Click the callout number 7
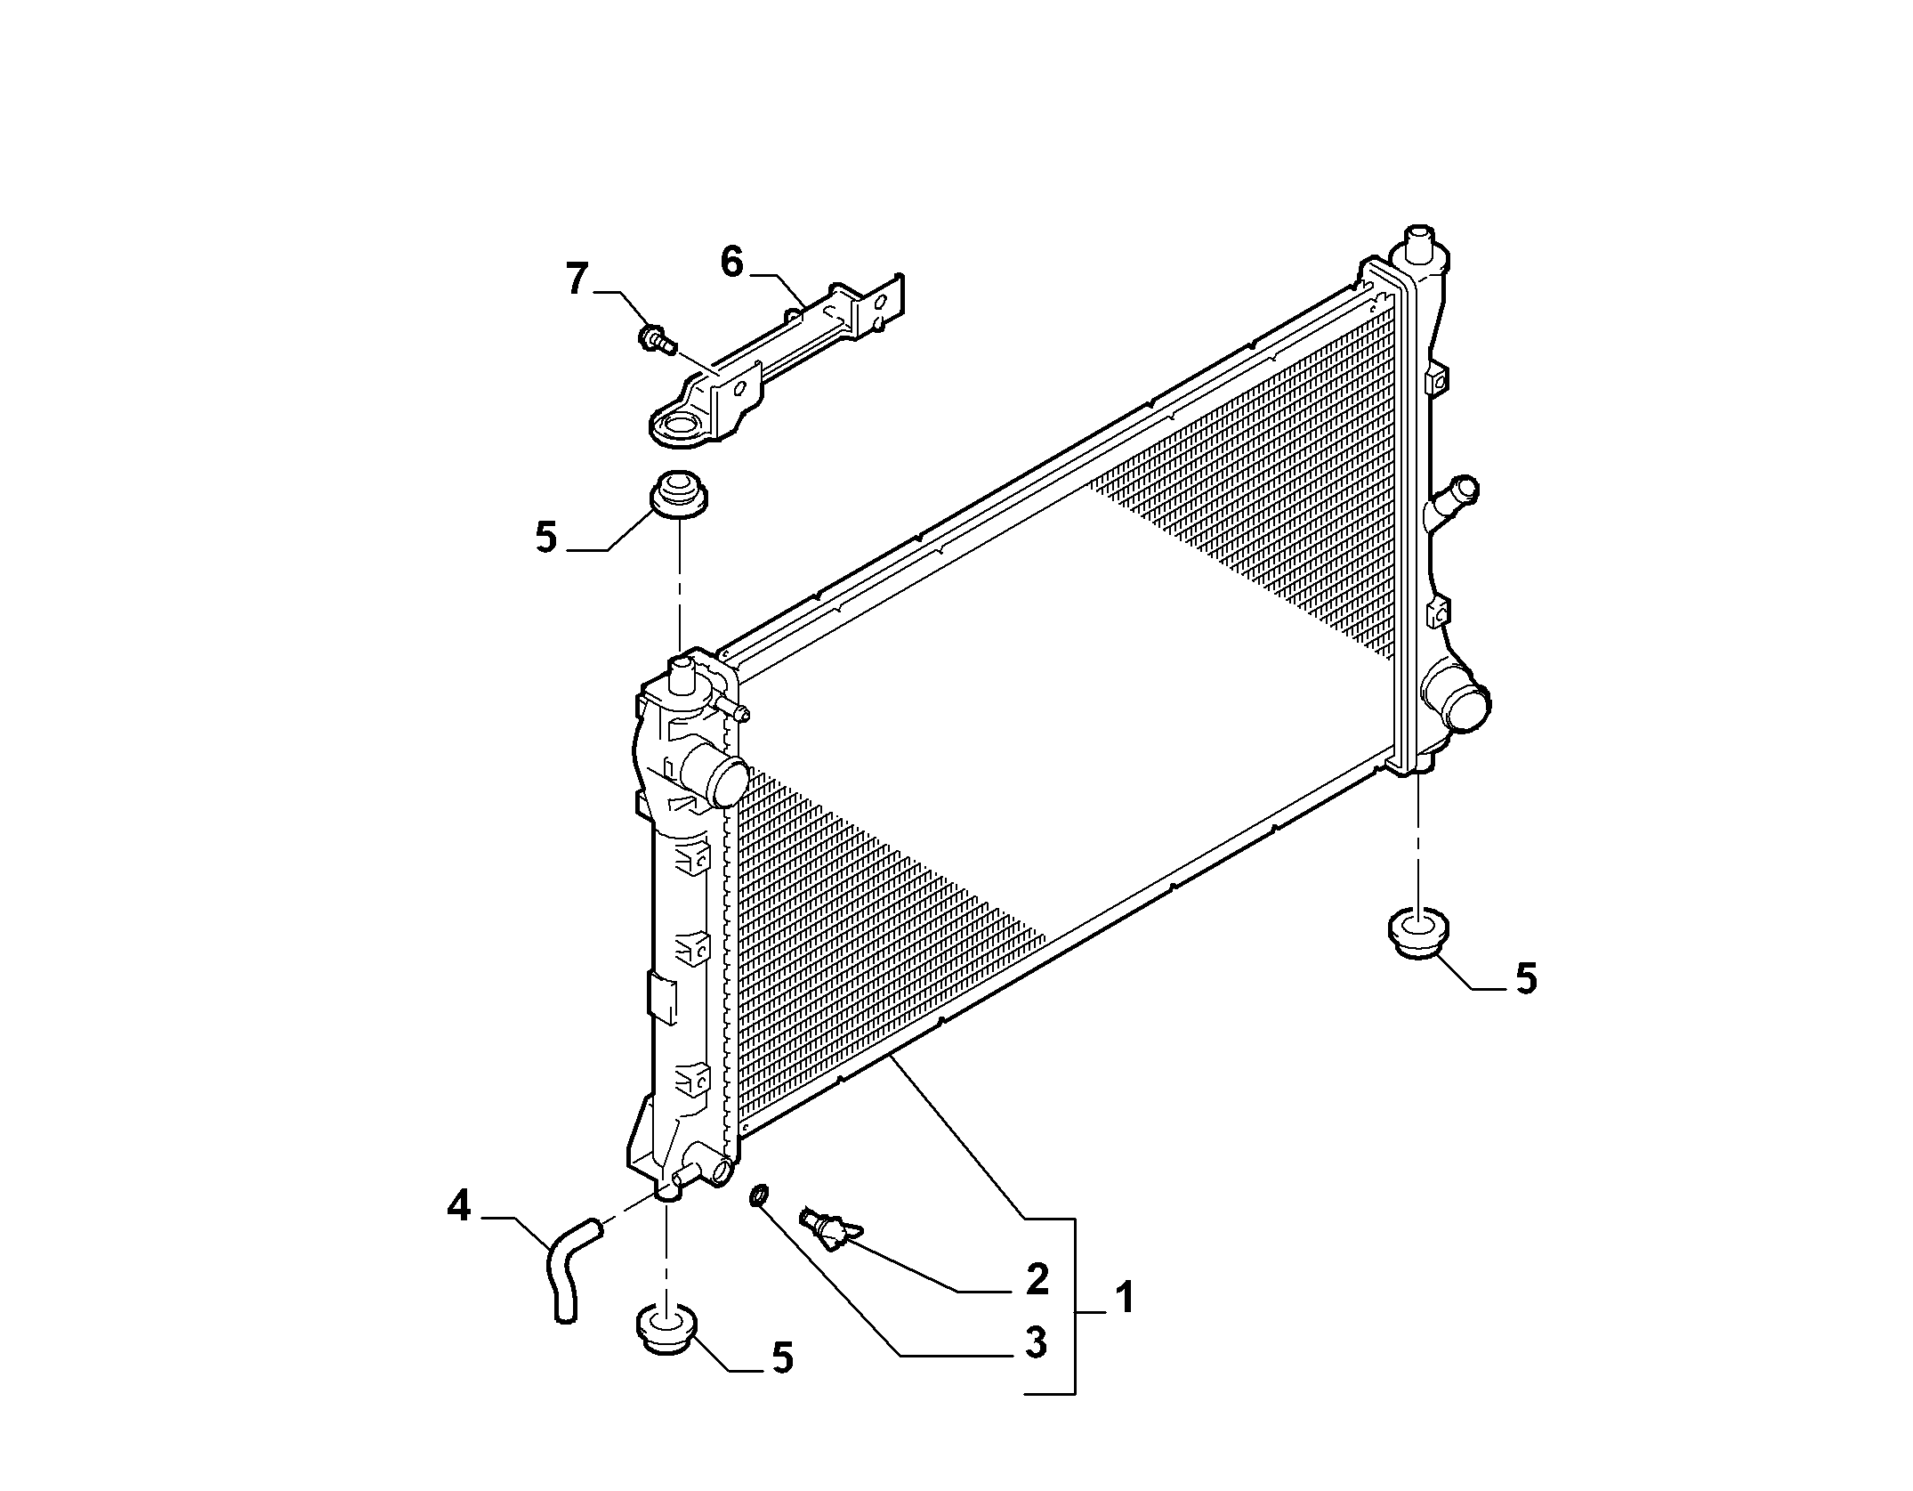click(578, 280)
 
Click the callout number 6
click(731, 263)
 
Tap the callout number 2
click(1037, 1279)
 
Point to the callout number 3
click(1036, 1367)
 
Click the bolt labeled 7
click(657, 339)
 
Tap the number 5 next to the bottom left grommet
click(782, 1383)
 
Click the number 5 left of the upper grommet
click(546, 538)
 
